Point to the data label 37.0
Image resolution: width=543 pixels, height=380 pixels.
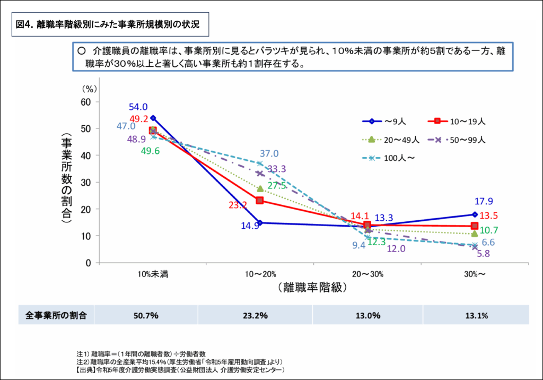(269, 154)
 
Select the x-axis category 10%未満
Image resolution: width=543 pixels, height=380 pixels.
(153, 274)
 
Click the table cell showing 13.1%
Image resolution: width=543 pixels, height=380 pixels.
(476, 315)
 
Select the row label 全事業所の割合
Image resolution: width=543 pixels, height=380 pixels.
(56, 315)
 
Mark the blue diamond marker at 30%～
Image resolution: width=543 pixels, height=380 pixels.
(474, 214)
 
